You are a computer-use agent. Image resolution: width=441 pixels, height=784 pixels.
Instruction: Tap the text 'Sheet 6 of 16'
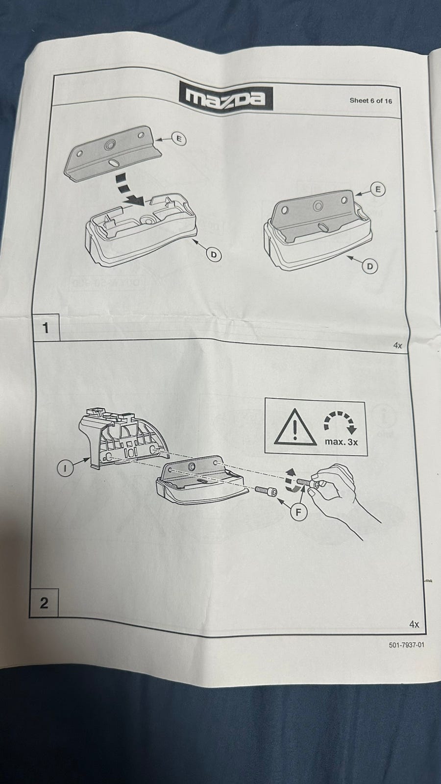(370, 101)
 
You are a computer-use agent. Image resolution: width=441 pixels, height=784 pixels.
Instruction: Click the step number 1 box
(46, 328)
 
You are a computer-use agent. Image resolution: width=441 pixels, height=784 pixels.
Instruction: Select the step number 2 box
(44, 603)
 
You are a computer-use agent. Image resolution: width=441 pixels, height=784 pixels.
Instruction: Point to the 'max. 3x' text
(341, 442)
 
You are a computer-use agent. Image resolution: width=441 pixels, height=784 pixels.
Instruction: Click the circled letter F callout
(298, 513)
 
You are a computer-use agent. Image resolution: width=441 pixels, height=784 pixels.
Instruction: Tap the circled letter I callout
(65, 467)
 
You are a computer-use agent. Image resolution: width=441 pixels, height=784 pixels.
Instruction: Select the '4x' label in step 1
(397, 345)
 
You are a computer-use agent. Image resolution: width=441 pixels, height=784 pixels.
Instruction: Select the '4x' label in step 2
(414, 624)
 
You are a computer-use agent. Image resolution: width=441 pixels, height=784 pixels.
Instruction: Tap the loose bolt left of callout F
(267, 490)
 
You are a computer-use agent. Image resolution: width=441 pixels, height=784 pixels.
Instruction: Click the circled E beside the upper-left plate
(179, 139)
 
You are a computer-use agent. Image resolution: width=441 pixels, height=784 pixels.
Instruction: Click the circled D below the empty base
(214, 254)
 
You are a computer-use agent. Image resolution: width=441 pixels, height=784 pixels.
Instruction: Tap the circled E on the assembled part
(377, 189)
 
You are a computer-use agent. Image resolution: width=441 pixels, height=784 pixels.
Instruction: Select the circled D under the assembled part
(370, 267)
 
